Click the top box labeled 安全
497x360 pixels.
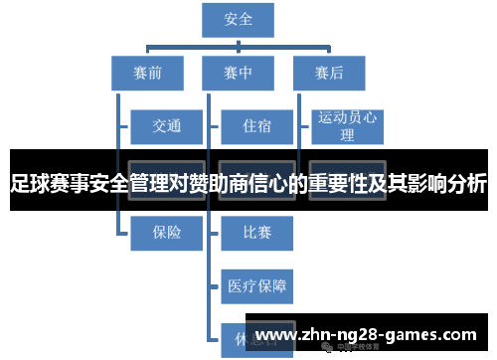point(239,20)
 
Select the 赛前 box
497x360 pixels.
point(147,72)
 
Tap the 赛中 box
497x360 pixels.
point(239,72)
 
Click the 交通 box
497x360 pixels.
point(166,125)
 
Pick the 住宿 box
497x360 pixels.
point(256,125)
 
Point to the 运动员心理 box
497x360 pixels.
point(347,125)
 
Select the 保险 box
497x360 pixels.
point(166,233)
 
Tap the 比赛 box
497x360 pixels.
point(256,233)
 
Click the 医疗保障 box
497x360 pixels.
point(256,286)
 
